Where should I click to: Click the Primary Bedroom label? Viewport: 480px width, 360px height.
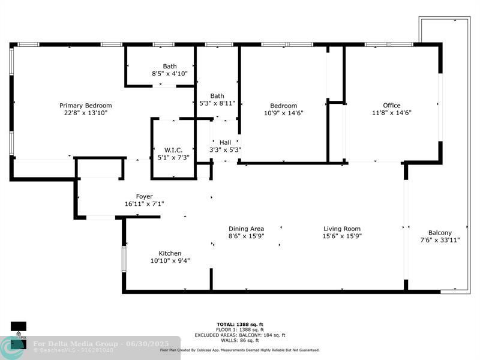(x=85, y=106)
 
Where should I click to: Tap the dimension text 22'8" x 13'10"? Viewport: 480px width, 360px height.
(x=85, y=113)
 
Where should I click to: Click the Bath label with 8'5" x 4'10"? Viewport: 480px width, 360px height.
(x=170, y=67)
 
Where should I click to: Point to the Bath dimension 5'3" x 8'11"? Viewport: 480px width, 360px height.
(x=217, y=103)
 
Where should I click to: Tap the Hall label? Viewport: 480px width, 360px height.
(x=225, y=142)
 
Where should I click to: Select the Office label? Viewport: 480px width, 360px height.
(x=392, y=106)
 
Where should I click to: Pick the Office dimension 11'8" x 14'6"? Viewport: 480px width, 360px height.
(x=392, y=113)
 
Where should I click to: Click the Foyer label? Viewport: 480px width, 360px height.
(x=144, y=197)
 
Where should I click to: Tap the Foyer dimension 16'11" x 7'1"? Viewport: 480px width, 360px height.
(x=144, y=204)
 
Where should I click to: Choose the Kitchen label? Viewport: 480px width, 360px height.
(x=170, y=253)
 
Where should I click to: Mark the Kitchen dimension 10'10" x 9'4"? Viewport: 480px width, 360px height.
(x=170, y=260)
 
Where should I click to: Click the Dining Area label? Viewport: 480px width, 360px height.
(x=246, y=229)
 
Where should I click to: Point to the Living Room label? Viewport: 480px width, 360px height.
(x=342, y=229)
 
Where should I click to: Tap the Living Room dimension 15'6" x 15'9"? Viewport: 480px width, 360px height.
(x=342, y=236)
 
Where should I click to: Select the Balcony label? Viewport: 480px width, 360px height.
(x=440, y=233)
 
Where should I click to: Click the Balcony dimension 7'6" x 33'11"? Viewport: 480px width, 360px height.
(x=440, y=240)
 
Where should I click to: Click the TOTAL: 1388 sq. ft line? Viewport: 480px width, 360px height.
(x=239, y=325)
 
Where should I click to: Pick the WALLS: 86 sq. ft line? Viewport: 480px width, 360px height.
(x=239, y=341)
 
